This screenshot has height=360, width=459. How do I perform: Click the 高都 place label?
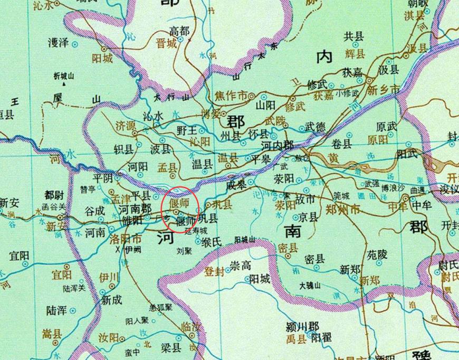point(179,30)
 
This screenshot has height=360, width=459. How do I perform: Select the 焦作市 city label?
point(231,97)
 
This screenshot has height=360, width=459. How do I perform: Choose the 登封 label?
point(214,271)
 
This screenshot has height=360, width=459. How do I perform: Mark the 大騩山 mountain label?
point(310,286)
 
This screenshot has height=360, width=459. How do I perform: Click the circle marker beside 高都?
point(181,39)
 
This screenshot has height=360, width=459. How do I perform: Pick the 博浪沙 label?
point(393,188)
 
